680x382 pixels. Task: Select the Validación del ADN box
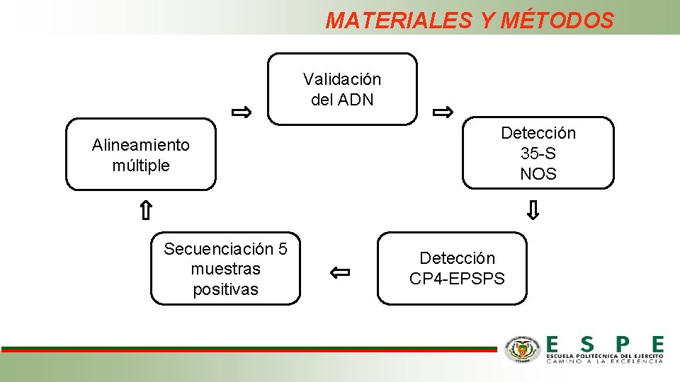click(342, 89)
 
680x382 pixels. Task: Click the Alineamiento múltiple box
click(141, 155)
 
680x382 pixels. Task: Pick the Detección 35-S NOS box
click(538, 154)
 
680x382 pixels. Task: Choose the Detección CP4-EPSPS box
click(453, 268)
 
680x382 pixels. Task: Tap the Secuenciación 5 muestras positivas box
click(225, 269)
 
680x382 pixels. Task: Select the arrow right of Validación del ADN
click(443, 112)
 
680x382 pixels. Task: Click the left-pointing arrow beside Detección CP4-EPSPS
click(340, 271)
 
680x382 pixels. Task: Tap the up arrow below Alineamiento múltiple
click(144, 210)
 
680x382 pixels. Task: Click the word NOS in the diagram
click(538, 174)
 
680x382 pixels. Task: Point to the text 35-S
click(538, 154)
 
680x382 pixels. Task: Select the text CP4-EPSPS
click(457, 279)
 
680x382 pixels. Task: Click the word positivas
click(225, 289)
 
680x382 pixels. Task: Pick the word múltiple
click(141, 166)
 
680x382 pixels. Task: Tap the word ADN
click(356, 100)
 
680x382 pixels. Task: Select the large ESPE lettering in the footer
click(605, 345)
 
